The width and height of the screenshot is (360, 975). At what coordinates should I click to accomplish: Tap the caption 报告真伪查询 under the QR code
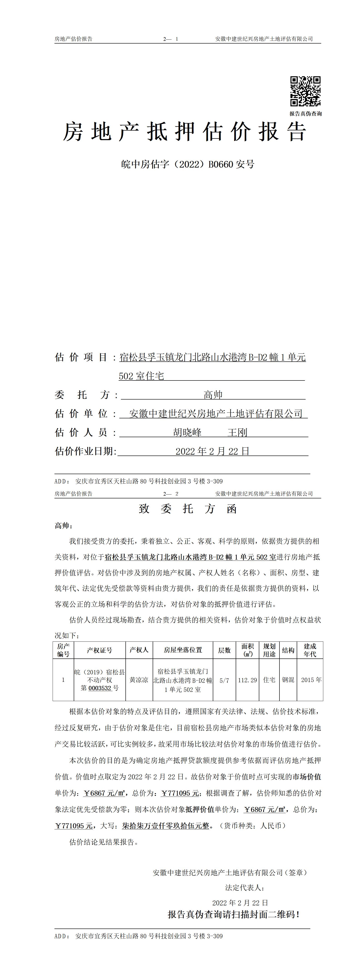point(306,114)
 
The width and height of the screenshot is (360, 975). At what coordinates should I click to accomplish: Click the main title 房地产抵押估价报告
point(184,132)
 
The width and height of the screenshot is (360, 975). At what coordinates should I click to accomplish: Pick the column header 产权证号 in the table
point(100,650)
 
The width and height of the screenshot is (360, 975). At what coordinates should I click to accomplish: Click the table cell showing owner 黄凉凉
point(139,680)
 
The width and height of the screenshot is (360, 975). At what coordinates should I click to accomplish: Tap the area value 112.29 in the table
point(247,680)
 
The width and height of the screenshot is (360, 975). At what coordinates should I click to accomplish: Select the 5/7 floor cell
point(225,680)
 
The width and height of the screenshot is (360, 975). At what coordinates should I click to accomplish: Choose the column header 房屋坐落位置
point(183,650)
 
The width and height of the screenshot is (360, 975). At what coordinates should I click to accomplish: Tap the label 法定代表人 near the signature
point(245,887)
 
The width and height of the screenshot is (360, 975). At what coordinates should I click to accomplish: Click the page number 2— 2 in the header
point(171,494)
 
